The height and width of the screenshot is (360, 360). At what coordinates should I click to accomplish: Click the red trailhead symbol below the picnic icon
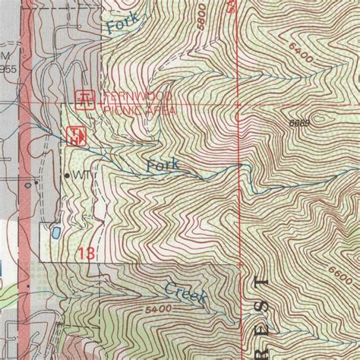click(77, 137)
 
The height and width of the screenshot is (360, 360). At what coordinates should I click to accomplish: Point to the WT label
click(81, 175)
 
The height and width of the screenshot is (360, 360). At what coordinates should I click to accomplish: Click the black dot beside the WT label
click(67, 175)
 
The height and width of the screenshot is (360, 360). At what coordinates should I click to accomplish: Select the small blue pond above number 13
click(55, 229)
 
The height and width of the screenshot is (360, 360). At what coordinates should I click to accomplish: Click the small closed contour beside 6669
click(319, 118)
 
